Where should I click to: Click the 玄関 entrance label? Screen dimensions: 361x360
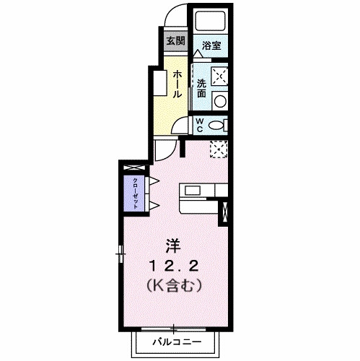pyautogui.click(x=175, y=40)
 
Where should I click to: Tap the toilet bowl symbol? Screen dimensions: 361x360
pyautogui.click(x=217, y=125)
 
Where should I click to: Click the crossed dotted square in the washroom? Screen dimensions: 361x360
pyautogui.click(x=219, y=76)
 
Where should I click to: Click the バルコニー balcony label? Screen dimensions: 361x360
pyautogui.click(x=173, y=340)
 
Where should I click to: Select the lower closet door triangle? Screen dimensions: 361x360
pyautogui.click(x=154, y=205)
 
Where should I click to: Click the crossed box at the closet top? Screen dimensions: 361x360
pyautogui.click(x=134, y=169)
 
